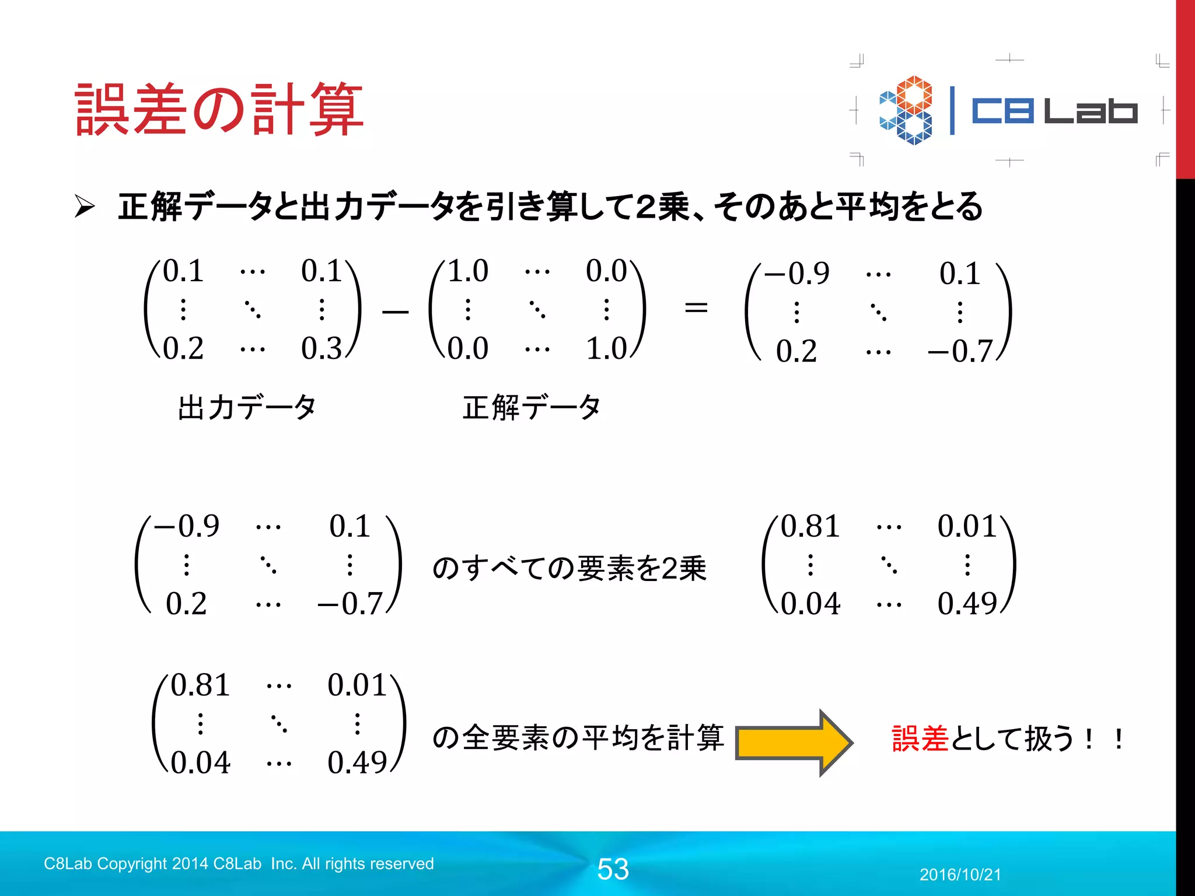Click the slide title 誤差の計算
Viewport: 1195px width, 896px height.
pyautogui.click(x=219, y=110)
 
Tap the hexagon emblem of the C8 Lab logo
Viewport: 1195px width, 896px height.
pyautogui.click(x=906, y=110)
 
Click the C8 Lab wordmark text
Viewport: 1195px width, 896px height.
pyautogui.click(x=1054, y=111)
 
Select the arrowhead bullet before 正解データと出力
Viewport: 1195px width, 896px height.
pyautogui.click(x=85, y=206)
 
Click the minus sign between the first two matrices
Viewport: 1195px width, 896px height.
pyautogui.click(x=395, y=313)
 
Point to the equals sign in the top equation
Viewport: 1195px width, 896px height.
pyautogui.click(x=696, y=307)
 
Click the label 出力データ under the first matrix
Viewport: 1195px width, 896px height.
pyautogui.click(x=247, y=407)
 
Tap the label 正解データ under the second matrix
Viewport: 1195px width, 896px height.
pyautogui.click(x=531, y=407)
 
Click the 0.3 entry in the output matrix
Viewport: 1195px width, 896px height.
pyautogui.click(x=322, y=348)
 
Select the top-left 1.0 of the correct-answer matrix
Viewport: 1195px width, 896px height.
pyautogui.click(x=467, y=271)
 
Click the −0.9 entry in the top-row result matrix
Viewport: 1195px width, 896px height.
pyautogui.click(x=797, y=274)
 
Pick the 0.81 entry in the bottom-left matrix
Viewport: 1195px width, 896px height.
pyautogui.click(x=200, y=685)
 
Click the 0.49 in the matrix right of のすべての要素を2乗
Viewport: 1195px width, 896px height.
pyautogui.click(x=967, y=604)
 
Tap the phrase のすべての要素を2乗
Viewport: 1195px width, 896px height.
pyautogui.click(x=569, y=568)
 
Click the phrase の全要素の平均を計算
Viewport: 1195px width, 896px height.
pyautogui.click(x=578, y=737)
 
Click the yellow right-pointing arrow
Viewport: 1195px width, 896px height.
pyautogui.click(x=794, y=743)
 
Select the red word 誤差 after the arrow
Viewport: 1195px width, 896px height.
pyautogui.click(x=920, y=738)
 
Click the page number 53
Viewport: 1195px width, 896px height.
pyautogui.click(x=613, y=869)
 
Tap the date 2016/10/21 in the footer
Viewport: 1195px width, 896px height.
pyautogui.click(x=960, y=874)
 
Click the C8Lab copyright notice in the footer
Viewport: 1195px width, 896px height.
pyautogui.click(x=239, y=863)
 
